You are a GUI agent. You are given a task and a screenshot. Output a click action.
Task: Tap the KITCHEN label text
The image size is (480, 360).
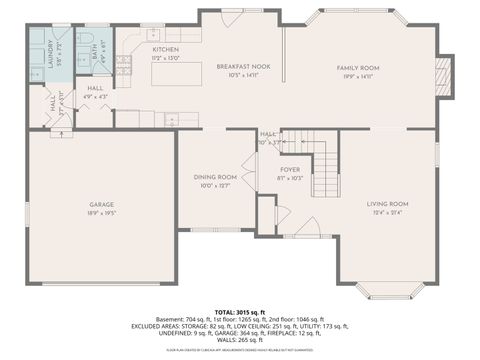(x=166, y=49)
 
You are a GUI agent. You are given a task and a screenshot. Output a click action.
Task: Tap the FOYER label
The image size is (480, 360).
(x=290, y=170)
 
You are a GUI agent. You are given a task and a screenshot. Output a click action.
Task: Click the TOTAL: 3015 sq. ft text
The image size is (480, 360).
(x=240, y=313)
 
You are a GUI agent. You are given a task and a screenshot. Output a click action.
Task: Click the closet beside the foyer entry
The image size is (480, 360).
(x=266, y=214)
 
